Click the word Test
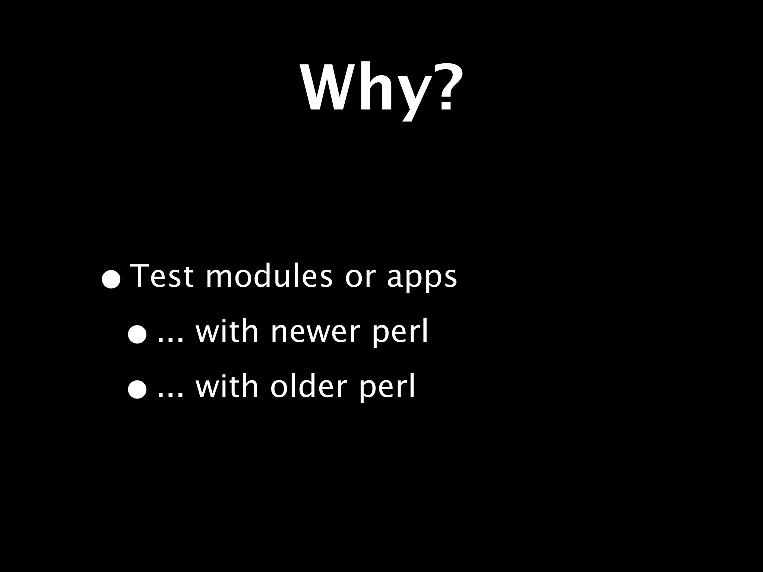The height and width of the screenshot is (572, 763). point(163,276)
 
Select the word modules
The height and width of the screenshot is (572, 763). point(269,276)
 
